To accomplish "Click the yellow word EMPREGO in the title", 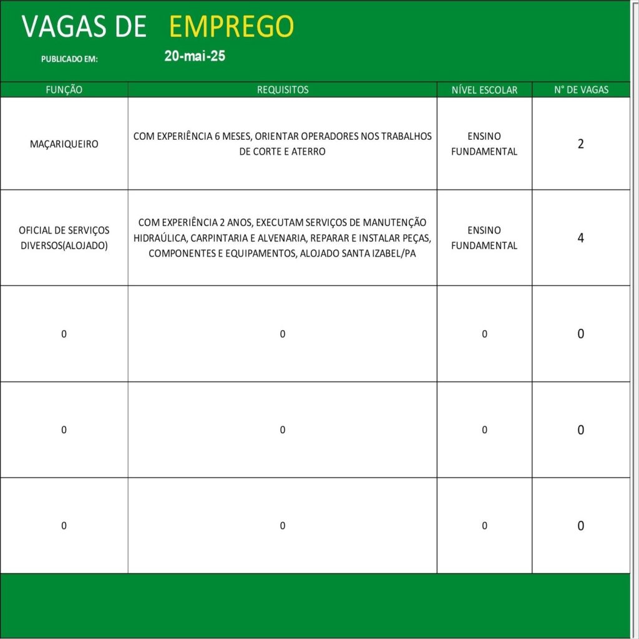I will (231, 26).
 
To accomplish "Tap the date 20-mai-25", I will (195, 56).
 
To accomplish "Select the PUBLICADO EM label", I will (69, 59).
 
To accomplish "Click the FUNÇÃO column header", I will (64, 90).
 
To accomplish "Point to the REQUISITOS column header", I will (283, 90).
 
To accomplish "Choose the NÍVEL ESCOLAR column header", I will (484, 90).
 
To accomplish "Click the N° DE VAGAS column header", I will (581, 90).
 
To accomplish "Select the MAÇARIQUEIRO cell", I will (64, 144).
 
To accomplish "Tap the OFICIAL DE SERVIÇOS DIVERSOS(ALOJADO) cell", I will (64, 238).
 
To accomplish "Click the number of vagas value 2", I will (581, 144).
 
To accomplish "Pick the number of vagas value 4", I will (581, 238).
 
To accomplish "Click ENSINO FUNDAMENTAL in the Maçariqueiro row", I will (484, 144).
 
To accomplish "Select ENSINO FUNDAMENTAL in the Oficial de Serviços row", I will (484, 238).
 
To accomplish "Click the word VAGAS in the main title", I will (59, 26).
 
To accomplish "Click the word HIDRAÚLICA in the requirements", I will (160, 238).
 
